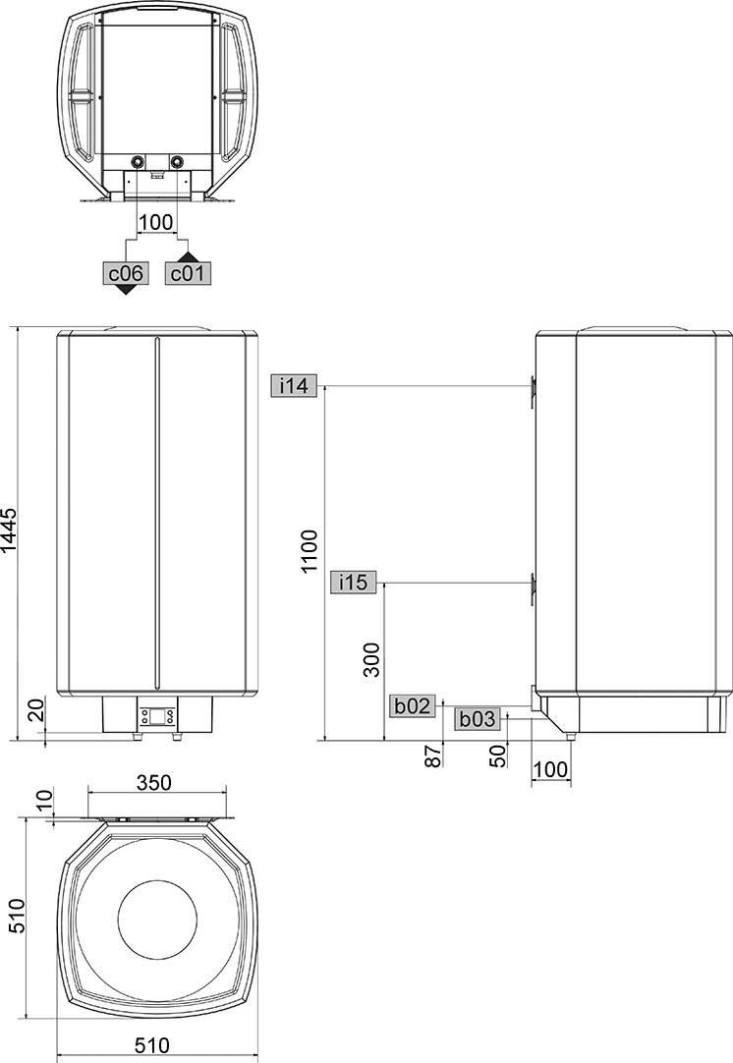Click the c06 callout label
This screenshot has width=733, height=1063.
(126, 273)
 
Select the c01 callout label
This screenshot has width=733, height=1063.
(188, 273)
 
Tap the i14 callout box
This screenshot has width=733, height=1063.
(294, 386)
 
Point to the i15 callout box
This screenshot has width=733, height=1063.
(353, 582)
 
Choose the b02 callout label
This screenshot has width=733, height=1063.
(413, 705)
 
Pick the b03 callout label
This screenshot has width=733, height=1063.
(478, 718)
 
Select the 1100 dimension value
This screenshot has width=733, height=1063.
(310, 551)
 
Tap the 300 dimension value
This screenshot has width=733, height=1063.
(371, 659)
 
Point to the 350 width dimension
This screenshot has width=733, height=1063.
(154, 782)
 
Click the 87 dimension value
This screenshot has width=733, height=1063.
(432, 755)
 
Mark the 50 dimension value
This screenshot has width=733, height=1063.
(498, 755)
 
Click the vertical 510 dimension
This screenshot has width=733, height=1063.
(16, 916)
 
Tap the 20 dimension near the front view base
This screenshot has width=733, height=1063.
(36, 709)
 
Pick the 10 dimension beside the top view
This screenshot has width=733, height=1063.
(44, 800)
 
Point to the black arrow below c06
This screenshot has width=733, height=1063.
(126, 290)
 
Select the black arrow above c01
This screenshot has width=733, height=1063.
(188, 257)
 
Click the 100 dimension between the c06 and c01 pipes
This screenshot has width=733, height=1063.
(155, 222)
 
